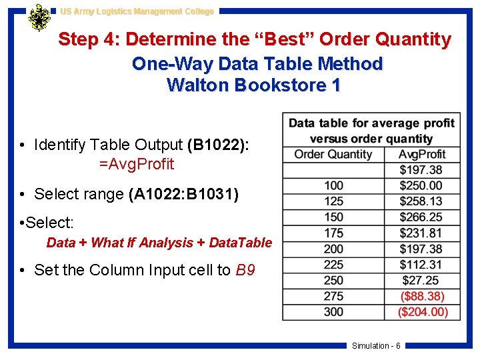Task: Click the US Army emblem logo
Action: click(39, 18)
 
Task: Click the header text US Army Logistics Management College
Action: click(137, 11)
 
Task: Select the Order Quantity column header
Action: click(333, 154)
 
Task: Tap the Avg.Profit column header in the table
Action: click(422, 154)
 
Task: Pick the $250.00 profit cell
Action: click(421, 185)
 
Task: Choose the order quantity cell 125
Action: click(333, 201)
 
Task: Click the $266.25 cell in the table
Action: click(421, 217)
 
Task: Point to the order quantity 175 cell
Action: click(333, 233)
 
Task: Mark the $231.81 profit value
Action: click(421, 233)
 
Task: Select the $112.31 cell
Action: click(421, 265)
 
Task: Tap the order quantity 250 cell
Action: click(333, 280)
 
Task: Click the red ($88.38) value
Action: click(421, 296)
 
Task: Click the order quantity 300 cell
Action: click(333, 311)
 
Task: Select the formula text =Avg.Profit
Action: click(136, 164)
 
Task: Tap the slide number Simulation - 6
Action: click(376, 345)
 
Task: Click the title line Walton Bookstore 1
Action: click(254, 85)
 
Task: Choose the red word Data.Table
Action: click(241, 243)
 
